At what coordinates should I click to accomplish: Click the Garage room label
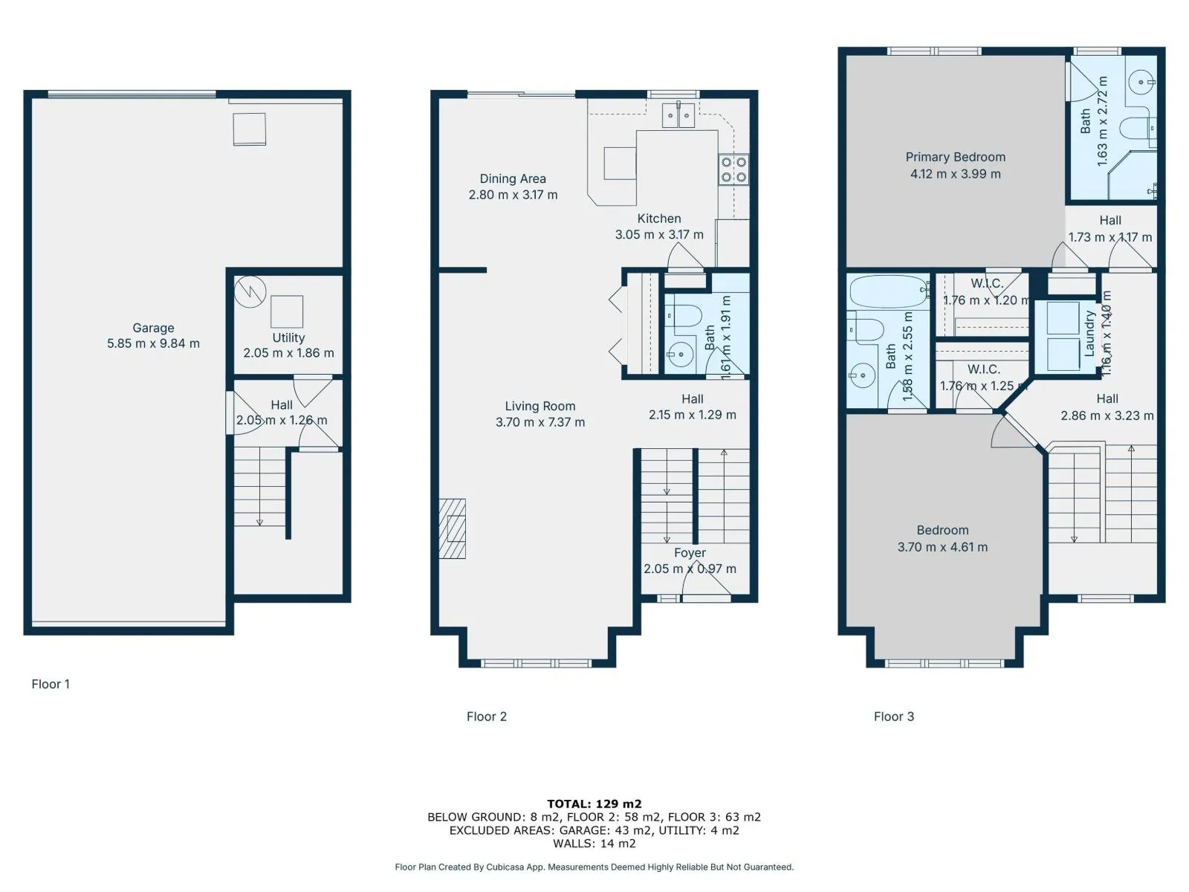153,328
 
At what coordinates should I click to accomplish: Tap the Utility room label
288,337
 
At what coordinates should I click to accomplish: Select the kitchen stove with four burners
733,169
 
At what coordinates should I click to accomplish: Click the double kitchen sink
678,114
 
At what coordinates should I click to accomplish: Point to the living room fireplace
453,528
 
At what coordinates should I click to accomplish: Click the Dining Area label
513,178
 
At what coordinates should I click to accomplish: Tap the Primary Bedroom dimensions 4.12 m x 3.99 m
956,174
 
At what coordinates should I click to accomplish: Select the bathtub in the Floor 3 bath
888,291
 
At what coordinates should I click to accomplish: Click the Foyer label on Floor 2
690,552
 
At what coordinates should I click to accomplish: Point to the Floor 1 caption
51,684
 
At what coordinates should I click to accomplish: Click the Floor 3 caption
894,717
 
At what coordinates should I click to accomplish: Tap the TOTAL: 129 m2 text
594,804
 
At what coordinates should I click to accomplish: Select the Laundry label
1089,333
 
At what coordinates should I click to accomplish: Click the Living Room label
540,406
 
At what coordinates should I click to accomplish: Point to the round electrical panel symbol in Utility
250,292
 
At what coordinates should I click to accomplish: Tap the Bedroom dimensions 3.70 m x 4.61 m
942,547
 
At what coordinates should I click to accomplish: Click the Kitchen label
659,219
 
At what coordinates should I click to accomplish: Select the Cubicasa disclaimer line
594,867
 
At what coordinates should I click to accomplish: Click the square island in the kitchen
621,163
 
